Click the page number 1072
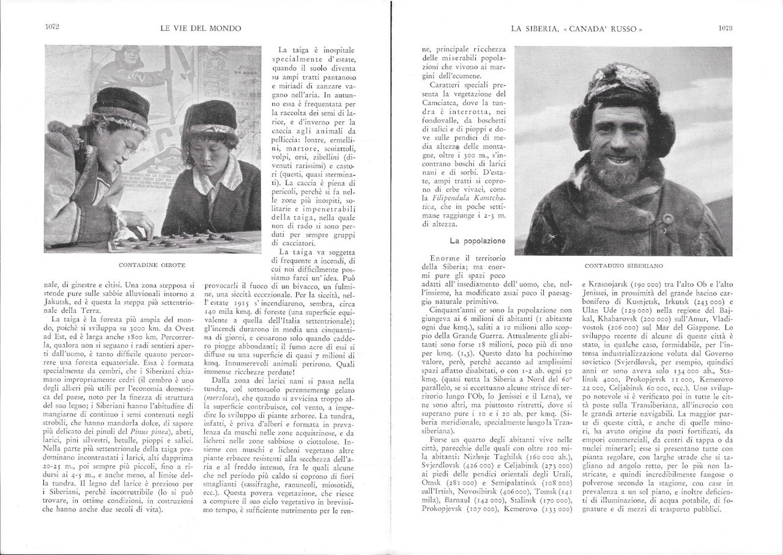[51, 28]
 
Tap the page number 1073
[725, 28]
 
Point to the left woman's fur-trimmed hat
[120, 107]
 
